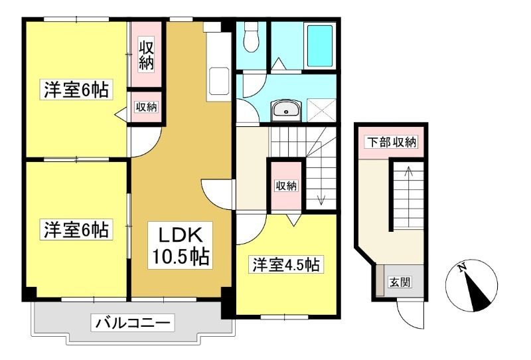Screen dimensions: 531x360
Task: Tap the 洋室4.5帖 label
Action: pos(286,265)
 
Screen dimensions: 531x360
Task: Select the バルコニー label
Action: pos(132,323)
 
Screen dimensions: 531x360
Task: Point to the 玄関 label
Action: pos(400,282)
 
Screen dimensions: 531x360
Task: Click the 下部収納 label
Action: pos(392,142)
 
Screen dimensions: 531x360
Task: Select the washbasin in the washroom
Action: pos(286,110)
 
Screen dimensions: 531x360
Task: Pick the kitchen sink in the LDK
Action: pos(218,81)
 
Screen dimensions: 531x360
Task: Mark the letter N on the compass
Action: pos(461,268)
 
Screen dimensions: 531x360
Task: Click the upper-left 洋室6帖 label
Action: pos(76,90)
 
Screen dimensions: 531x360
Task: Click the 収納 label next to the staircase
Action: pos(287,185)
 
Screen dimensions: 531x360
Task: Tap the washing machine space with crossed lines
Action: pos(321,110)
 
